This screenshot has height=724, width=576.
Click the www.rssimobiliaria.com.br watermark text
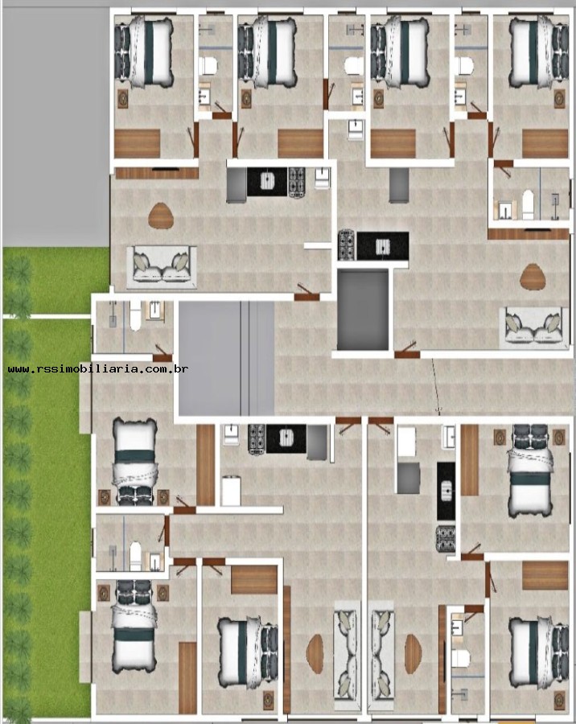(98, 369)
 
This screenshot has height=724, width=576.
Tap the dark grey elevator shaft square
(363, 310)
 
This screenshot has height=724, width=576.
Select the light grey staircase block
(225, 358)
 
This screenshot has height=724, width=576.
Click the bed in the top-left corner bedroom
(146, 53)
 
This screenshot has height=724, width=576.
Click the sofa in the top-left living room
(163, 265)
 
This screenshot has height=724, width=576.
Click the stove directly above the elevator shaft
(347, 245)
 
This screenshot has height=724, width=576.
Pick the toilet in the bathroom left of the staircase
(134, 319)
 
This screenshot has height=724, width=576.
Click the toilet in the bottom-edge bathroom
(460, 658)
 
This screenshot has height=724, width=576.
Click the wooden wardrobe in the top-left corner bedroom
(138, 142)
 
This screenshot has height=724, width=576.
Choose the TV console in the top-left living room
(156, 172)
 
